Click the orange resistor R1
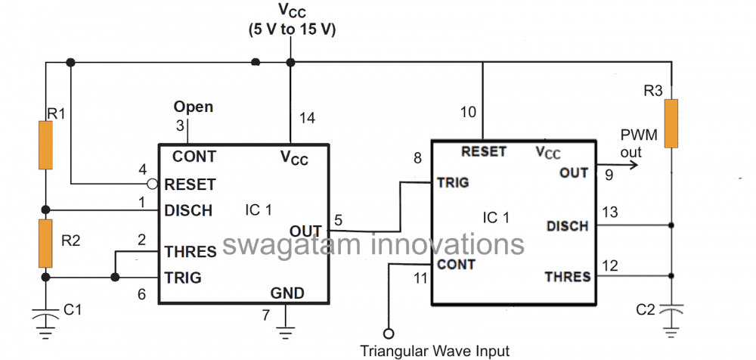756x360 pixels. (46, 146)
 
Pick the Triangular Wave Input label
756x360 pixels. (435, 350)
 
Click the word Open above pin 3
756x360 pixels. (194, 107)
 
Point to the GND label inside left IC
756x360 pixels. (287, 293)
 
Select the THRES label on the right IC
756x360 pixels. (567, 277)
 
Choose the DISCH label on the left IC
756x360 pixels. (189, 210)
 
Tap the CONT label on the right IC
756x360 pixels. (457, 265)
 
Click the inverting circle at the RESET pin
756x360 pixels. (153, 184)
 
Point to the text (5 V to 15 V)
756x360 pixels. (292, 29)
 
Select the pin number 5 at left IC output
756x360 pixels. (338, 220)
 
